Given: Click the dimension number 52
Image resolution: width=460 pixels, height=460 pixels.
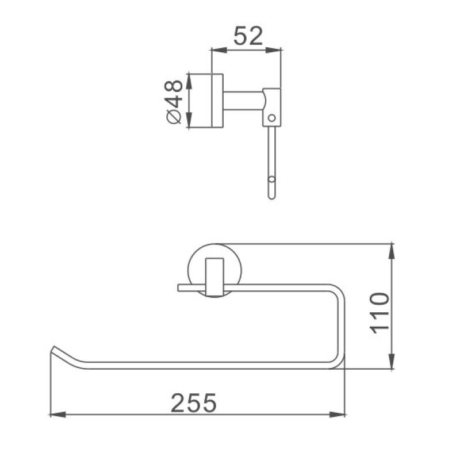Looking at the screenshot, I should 248,36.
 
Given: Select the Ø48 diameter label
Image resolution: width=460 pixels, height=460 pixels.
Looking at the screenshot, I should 173,101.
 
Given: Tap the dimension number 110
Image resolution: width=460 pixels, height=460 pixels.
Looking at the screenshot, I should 380,313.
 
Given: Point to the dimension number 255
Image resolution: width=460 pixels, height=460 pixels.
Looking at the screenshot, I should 193,402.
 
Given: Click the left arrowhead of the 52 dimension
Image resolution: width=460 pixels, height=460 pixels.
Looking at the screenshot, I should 216,50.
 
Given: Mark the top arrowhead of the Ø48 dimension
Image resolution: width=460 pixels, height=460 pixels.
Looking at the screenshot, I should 190,77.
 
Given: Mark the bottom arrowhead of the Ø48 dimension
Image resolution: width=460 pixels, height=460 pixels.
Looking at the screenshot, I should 190,124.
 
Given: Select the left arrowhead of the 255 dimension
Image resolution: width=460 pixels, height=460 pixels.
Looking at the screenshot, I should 54,414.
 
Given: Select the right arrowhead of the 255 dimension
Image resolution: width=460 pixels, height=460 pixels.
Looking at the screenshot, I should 341,414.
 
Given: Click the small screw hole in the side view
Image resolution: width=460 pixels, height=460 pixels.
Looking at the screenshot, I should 272,118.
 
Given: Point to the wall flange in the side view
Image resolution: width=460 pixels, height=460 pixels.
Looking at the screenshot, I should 217,101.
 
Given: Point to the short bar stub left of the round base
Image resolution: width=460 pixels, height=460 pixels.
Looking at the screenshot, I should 187,287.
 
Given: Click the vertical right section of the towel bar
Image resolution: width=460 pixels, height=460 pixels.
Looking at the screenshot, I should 340,325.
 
